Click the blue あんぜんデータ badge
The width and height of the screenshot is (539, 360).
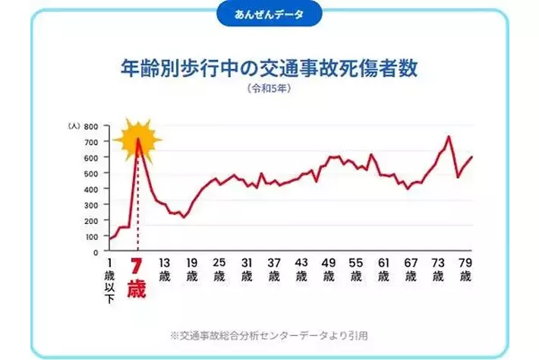pyautogui.click(x=269, y=14)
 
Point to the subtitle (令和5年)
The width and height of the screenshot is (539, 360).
pyautogui.click(x=269, y=90)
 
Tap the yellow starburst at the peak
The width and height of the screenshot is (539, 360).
pyautogui.click(x=137, y=140)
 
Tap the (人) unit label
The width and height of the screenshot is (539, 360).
pyautogui.click(x=73, y=126)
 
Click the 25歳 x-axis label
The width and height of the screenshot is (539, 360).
pyautogui.click(x=219, y=269)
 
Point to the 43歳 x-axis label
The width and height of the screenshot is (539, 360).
pyautogui.click(x=301, y=269)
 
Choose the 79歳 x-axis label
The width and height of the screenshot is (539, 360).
pyautogui.click(x=465, y=269)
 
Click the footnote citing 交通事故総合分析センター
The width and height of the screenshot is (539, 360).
pyautogui.click(x=269, y=333)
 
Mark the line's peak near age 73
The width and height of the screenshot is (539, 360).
pyautogui.click(x=449, y=137)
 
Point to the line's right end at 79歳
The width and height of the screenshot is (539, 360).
pyautogui.click(x=471, y=157)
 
